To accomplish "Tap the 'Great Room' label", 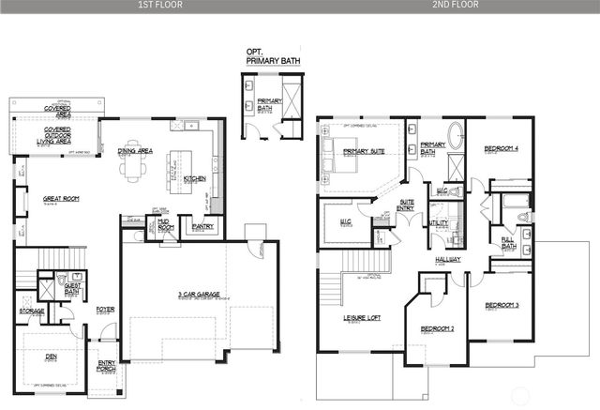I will pyautogui.click(x=62, y=199).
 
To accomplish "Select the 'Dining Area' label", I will pyautogui.click(x=136, y=150).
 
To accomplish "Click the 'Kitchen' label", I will pyautogui.click(x=195, y=177).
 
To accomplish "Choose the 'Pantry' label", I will pyautogui.click(x=201, y=225).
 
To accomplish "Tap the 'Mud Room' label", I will pyautogui.click(x=166, y=225).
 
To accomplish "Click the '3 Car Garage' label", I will pyautogui.click(x=198, y=296).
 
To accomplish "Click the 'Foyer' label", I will pyautogui.click(x=105, y=308).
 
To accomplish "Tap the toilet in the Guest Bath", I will pyautogui.click(x=62, y=281).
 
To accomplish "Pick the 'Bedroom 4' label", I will pyautogui.click(x=502, y=149).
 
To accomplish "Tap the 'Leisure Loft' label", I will pyautogui.click(x=361, y=318).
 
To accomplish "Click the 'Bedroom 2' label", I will pyautogui.click(x=437, y=329).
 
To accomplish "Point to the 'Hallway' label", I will pyautogui.click(x=447, y=259).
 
